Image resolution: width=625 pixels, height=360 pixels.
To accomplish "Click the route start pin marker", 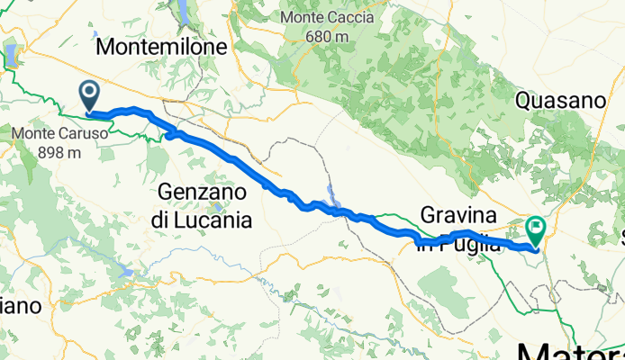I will [x=90, y=94].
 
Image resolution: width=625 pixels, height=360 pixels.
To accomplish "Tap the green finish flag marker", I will [x=536, y=229].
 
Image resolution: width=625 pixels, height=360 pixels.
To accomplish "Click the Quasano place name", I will [x=558, y=101].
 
